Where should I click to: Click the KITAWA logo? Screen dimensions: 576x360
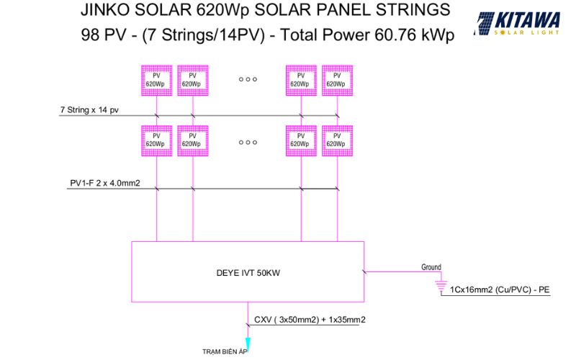[517, 24]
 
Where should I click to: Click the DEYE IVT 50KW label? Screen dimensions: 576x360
[248, 273]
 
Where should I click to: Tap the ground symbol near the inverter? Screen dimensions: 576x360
[441, 287]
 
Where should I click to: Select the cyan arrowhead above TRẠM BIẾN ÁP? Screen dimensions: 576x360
[248, 345]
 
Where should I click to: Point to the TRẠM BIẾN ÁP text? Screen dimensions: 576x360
[225, 351]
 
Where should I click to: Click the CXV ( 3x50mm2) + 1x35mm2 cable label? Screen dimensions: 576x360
[310, 320]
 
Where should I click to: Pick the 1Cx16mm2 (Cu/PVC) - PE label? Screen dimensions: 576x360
[500, 289]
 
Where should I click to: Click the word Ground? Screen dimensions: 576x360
[431, 267]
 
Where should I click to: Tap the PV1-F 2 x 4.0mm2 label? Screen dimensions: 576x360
[105, 183]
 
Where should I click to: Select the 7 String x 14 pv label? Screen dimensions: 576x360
[89, 110]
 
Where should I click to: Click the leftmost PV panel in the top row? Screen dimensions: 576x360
[157, 81]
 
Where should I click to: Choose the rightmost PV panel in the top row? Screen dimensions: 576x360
[337, 81]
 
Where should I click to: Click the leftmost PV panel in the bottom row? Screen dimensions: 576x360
[157, 140]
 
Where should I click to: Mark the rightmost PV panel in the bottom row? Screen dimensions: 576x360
[337, 140]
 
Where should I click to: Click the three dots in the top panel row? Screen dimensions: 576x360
[248, 79]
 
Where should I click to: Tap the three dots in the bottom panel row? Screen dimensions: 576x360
[248, 143]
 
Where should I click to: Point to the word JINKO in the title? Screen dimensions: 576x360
[104, 10]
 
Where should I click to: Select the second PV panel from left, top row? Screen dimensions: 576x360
[193, 81]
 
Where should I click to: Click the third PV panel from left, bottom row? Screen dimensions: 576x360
[301, 140]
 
